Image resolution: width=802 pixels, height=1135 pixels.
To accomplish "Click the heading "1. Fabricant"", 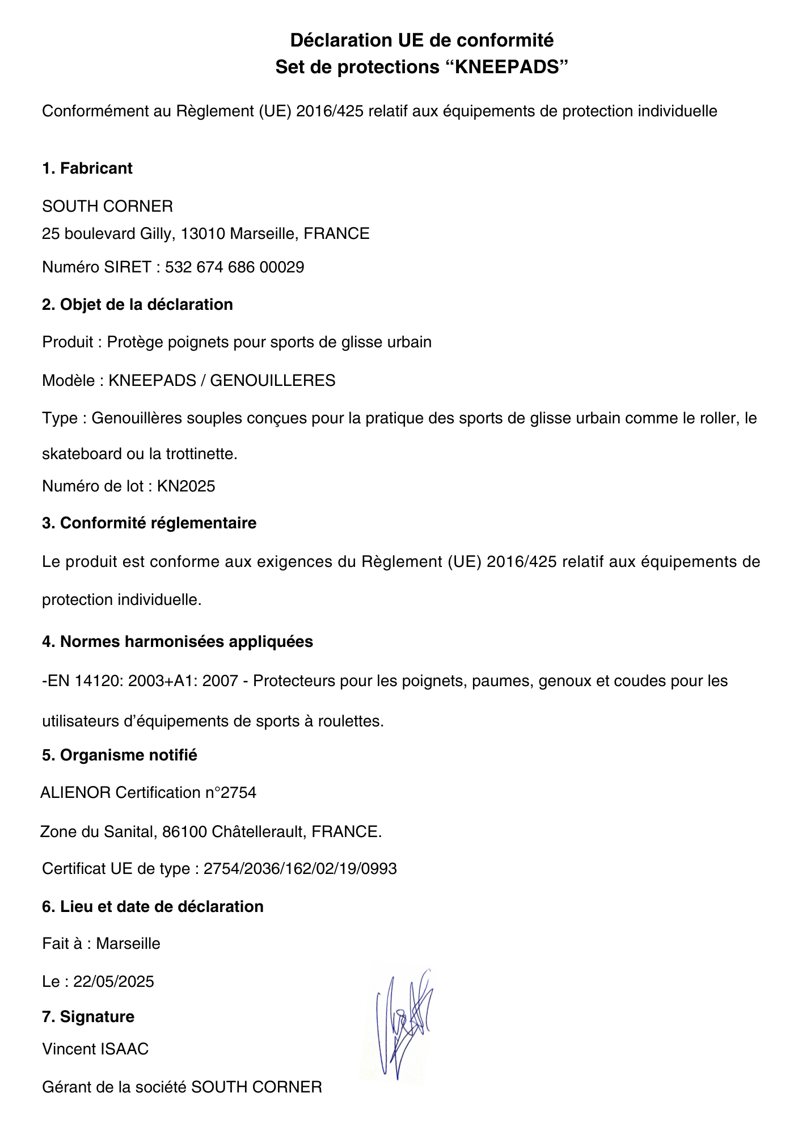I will tap(87, 169).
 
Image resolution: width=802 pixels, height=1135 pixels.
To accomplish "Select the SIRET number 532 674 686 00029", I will tap(234, 267).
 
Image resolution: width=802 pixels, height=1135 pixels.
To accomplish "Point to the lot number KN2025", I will tap(186, 486).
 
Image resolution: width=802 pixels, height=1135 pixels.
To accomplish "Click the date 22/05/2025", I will tap(113, 982).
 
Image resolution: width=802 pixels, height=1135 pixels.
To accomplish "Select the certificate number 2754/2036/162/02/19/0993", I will tap(300, 869).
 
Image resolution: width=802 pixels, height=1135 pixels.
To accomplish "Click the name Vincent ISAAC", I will tap(95, 1049).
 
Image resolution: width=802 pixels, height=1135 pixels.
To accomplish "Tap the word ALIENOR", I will tap(75, 793).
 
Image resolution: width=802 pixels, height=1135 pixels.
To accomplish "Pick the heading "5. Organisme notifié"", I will tap(120, 755).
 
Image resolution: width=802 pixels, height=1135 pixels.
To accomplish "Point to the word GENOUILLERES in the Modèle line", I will tap(273, 380).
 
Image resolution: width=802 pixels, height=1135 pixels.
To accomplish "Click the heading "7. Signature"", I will tap(88, 1016).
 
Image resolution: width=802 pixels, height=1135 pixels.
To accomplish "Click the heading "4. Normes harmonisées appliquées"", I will tap(178, 642).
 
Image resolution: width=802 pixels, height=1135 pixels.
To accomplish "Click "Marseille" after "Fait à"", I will tap(128, 944).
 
